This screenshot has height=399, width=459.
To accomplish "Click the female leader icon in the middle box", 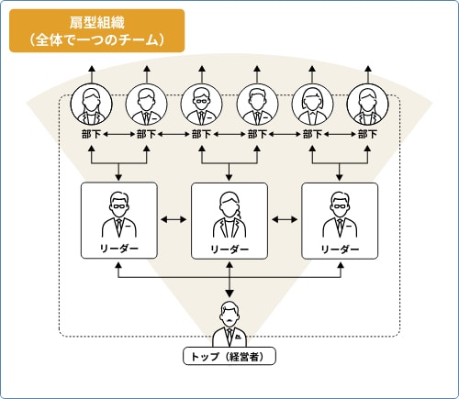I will (x=229, y=214).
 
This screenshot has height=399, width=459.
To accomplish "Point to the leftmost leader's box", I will (x=118, y=220).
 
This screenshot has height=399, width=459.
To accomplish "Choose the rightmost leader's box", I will (x=340, y=220).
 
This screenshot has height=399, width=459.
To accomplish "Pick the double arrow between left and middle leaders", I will (x=174, y=220).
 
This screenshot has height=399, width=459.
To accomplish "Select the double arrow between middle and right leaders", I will (x=285, y=220).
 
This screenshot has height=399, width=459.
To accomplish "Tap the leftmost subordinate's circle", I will (x=91, y=105).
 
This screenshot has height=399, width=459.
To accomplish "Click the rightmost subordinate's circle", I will (x=367, y=105).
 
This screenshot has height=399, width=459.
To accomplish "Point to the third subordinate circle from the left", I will (x=201, y=105).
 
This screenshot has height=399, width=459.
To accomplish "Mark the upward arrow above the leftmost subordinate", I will (x=91, y=73).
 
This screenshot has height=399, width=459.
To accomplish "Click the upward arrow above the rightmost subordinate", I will (x=367, y=73).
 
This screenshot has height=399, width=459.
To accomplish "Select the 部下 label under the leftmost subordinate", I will (x=91, y=135).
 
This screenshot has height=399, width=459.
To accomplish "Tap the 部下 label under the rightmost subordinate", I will (x=367, y=135).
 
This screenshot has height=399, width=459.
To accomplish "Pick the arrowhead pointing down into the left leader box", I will (x=118, y=178).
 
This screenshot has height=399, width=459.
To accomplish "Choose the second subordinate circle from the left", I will (x=146, y=105).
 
